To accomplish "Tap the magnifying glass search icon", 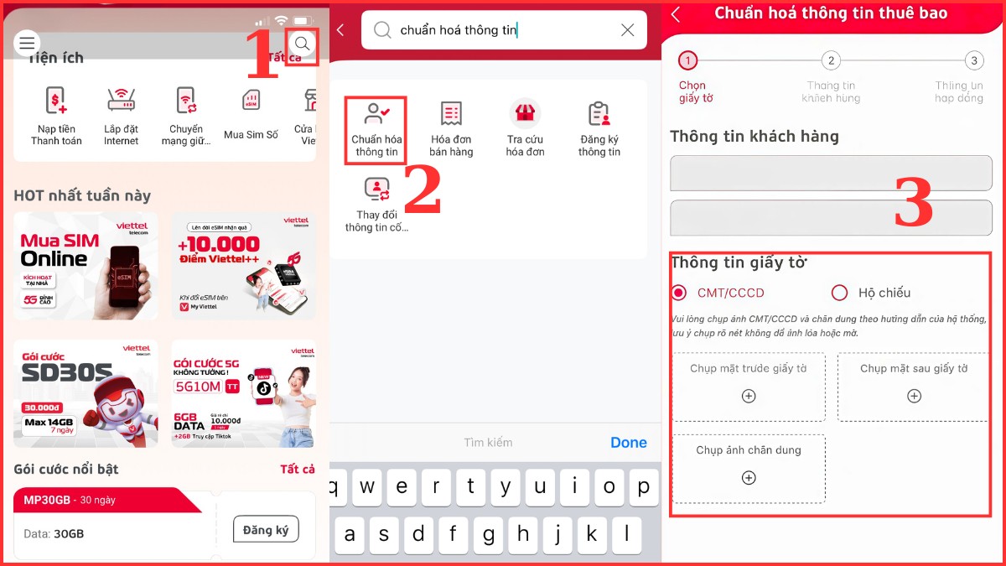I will tap(303, 44).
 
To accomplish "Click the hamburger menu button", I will tap(28, 43).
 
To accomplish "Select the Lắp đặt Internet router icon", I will tap(122, 101).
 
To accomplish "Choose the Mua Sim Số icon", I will tap(251, 101).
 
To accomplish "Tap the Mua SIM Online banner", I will tap(86, 266).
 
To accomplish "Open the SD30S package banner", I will tap(86, 393).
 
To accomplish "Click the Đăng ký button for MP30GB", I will tap(265, 530).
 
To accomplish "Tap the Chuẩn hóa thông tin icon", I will tap(376, 128).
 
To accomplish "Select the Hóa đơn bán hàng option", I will tap(451, 128).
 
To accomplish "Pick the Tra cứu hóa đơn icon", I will tap(526, 128).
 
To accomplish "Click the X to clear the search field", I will tap(627, 30).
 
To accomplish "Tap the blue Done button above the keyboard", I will tap(628, 443).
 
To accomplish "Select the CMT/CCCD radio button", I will tap(679, 293).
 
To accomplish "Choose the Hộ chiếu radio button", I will tap(839, 293).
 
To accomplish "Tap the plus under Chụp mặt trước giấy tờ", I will tap(749, 397).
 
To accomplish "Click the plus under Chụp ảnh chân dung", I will tap(749, 478).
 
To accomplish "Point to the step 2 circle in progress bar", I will tap(831, 60).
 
